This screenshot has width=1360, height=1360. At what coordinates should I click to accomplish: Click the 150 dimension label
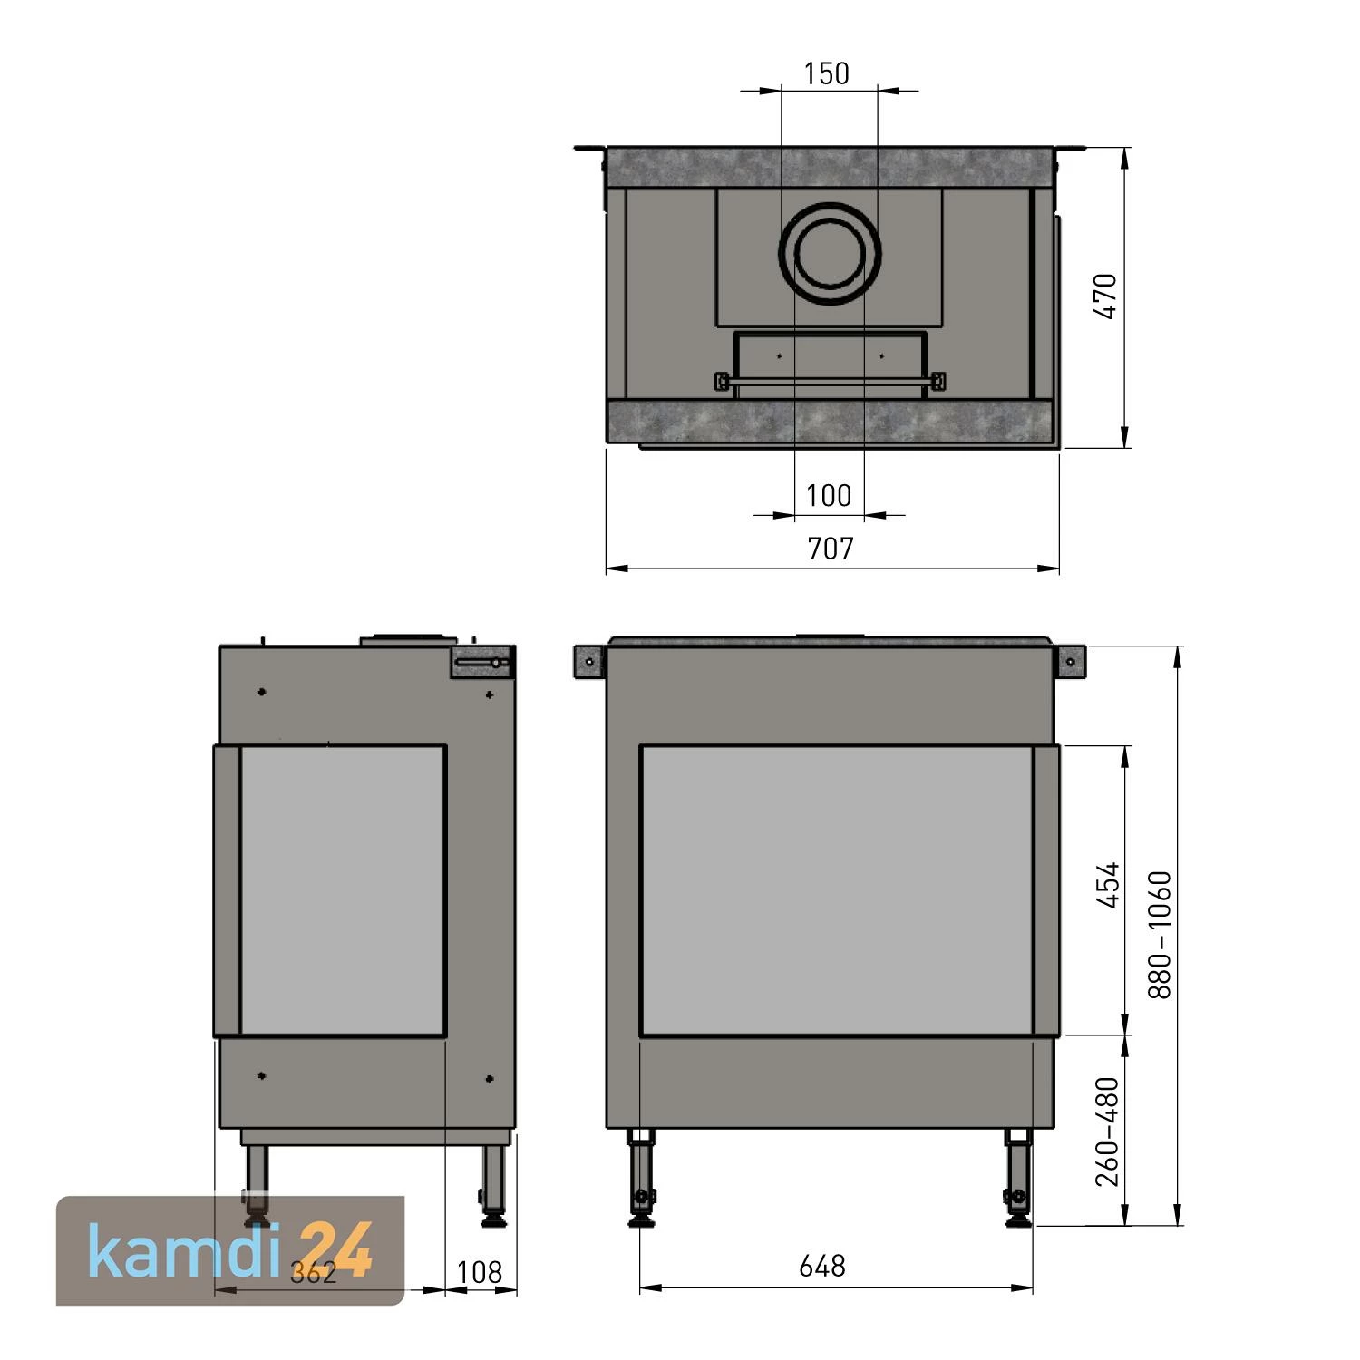point(827,73)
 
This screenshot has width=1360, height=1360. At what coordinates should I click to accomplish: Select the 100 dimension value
point(829,496)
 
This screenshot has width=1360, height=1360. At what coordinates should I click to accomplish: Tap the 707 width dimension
point(831,549)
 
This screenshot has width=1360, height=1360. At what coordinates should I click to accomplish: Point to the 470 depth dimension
point(1106,296)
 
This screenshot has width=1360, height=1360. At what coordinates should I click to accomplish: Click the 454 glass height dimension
point(1108,885)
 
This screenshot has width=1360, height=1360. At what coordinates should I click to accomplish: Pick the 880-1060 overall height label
point(1160,935)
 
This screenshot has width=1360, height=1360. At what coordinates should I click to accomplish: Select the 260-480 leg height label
point(1108,1131)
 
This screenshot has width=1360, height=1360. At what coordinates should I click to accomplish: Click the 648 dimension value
point(822,1266)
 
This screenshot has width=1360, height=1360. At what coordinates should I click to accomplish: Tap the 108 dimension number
point(480,1273)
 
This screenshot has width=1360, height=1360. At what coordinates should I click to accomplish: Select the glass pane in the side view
point(342,890)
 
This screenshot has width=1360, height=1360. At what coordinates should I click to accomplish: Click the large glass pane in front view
point(837,890)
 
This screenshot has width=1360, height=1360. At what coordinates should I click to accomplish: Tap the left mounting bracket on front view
point(590,662)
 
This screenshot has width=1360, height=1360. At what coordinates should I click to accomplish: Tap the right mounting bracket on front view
point(1071,662)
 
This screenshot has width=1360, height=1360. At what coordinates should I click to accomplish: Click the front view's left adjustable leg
point(643,1179)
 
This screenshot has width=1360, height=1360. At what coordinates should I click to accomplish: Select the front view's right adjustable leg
point(1016,1179)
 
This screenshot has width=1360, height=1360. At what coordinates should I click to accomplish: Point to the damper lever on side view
point(481,663)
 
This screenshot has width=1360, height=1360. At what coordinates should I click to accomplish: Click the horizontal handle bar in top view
point(830,381)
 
